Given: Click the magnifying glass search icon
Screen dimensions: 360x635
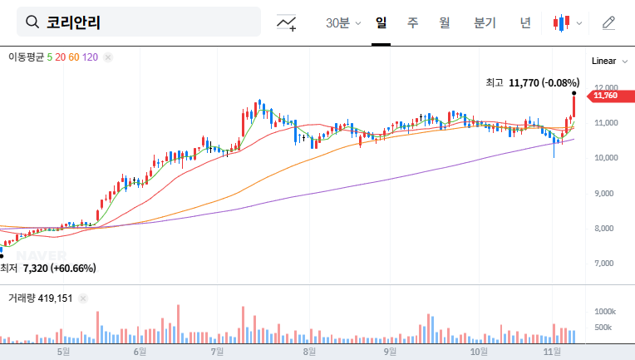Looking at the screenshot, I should [x=33, y=22].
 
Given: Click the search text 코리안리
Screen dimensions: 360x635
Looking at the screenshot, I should [x=74, y=22].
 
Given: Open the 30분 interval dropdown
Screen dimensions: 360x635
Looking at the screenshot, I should [x=343, y=23].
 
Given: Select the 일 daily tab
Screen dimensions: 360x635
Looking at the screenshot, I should [x=381, y=22].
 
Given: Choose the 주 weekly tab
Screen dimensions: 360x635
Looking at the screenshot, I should [x=412, y=22].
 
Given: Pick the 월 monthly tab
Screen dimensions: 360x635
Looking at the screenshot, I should [x=444, y=22].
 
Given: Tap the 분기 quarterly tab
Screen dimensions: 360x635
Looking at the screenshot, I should [x=484, y=22].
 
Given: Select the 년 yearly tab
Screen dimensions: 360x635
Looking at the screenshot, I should [x=524, y=22].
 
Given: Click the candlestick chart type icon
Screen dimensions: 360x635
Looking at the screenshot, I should [x=562, y=23].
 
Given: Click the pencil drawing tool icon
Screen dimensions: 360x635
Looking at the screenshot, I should [x=608, y=22].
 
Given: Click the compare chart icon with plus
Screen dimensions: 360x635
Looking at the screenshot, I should [x=287, y=23].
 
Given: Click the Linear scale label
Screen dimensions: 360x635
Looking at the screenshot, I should [x=603, y=61].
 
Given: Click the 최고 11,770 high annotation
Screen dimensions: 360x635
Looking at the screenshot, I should [x=532, y=82].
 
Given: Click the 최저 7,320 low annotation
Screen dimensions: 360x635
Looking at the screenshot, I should [x=48, y=268].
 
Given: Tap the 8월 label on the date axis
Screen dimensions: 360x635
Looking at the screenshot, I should [x=309, y=352].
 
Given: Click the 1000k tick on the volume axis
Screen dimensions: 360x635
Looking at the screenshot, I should [x=604, y=311].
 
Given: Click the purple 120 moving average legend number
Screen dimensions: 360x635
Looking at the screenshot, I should [x=91, y=57].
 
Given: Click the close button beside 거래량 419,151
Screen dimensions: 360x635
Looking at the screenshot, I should [x=83, y=297].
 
